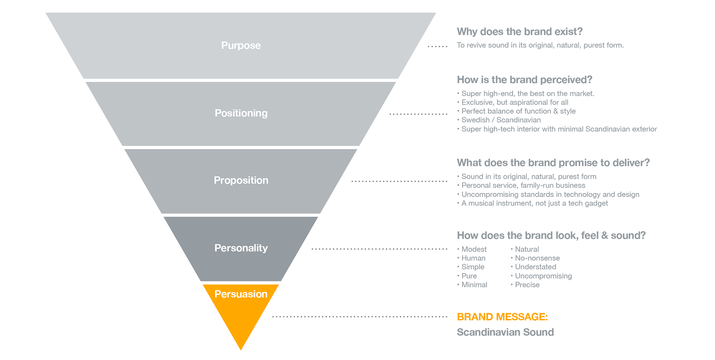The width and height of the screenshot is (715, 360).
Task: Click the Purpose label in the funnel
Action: click(x=241, y=45)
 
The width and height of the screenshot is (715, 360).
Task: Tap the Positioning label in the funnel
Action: click(x=241, y=113)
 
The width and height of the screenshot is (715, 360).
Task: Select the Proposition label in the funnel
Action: click(x=241, y=180)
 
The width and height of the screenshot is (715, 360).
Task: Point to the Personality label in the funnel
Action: click(x=241, y=248)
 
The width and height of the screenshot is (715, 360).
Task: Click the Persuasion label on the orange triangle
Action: click(x=241, y=294)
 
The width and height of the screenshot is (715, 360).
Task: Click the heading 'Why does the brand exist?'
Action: click(x=519, y=31)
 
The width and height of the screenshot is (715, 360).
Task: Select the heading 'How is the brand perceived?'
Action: click(x=524, y=79)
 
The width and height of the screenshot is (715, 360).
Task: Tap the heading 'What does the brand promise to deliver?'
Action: click(x=553, y=163)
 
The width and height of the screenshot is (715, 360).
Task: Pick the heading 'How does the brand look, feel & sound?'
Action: click(x=551, y=235)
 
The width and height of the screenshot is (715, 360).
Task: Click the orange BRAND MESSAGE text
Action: click(x=502, y=317)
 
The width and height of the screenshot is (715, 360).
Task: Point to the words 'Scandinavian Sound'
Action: click(x=505, y=332)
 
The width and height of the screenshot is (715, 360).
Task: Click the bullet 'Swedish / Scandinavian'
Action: click(x=501, y=120)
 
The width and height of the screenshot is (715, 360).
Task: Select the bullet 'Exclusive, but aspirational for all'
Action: click(x=515, y=102)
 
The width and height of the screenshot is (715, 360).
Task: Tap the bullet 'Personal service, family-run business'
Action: click(x=523, y=186)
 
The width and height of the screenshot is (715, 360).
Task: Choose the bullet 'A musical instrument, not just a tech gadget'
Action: click(x=534, y=203)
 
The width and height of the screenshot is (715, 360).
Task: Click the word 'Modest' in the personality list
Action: click(x=474, y=249)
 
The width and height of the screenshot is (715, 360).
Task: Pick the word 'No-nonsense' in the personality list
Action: click(x=537, y=258)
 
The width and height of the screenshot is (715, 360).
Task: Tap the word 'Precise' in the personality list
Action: click(x=527, y=285)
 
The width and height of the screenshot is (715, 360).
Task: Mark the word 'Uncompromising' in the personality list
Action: click(x=543, y=276)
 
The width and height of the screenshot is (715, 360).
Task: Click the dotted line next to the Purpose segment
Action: click(x=438, y=46)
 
